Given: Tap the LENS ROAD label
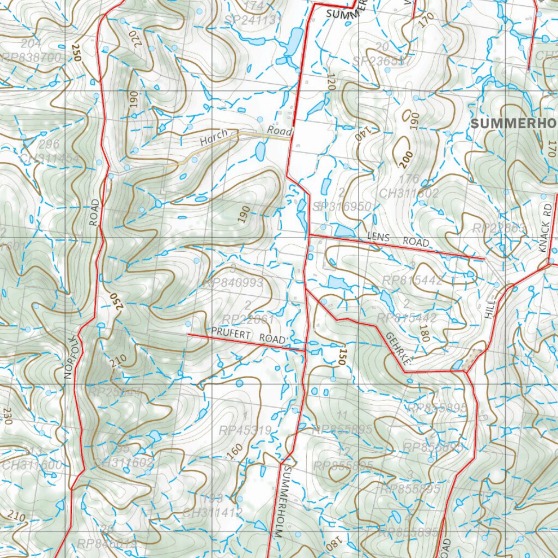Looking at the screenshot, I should point(398,239).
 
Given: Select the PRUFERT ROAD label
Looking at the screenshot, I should point(248,335).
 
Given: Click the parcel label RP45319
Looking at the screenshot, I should point(245,430).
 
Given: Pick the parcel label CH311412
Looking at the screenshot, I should point(212,513).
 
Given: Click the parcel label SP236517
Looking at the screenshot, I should point(383,61).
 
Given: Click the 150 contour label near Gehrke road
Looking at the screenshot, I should point(342,355).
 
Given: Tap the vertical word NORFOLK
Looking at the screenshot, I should point(69,357).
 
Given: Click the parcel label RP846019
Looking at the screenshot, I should point(107,543).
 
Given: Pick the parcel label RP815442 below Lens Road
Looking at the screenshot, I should point(412,280).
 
